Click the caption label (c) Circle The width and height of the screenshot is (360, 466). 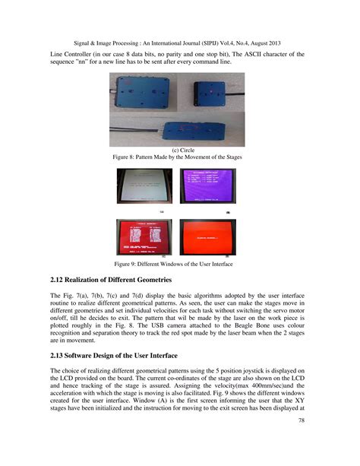click(181, 151)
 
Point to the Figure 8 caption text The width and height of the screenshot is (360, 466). click(181, 158)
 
